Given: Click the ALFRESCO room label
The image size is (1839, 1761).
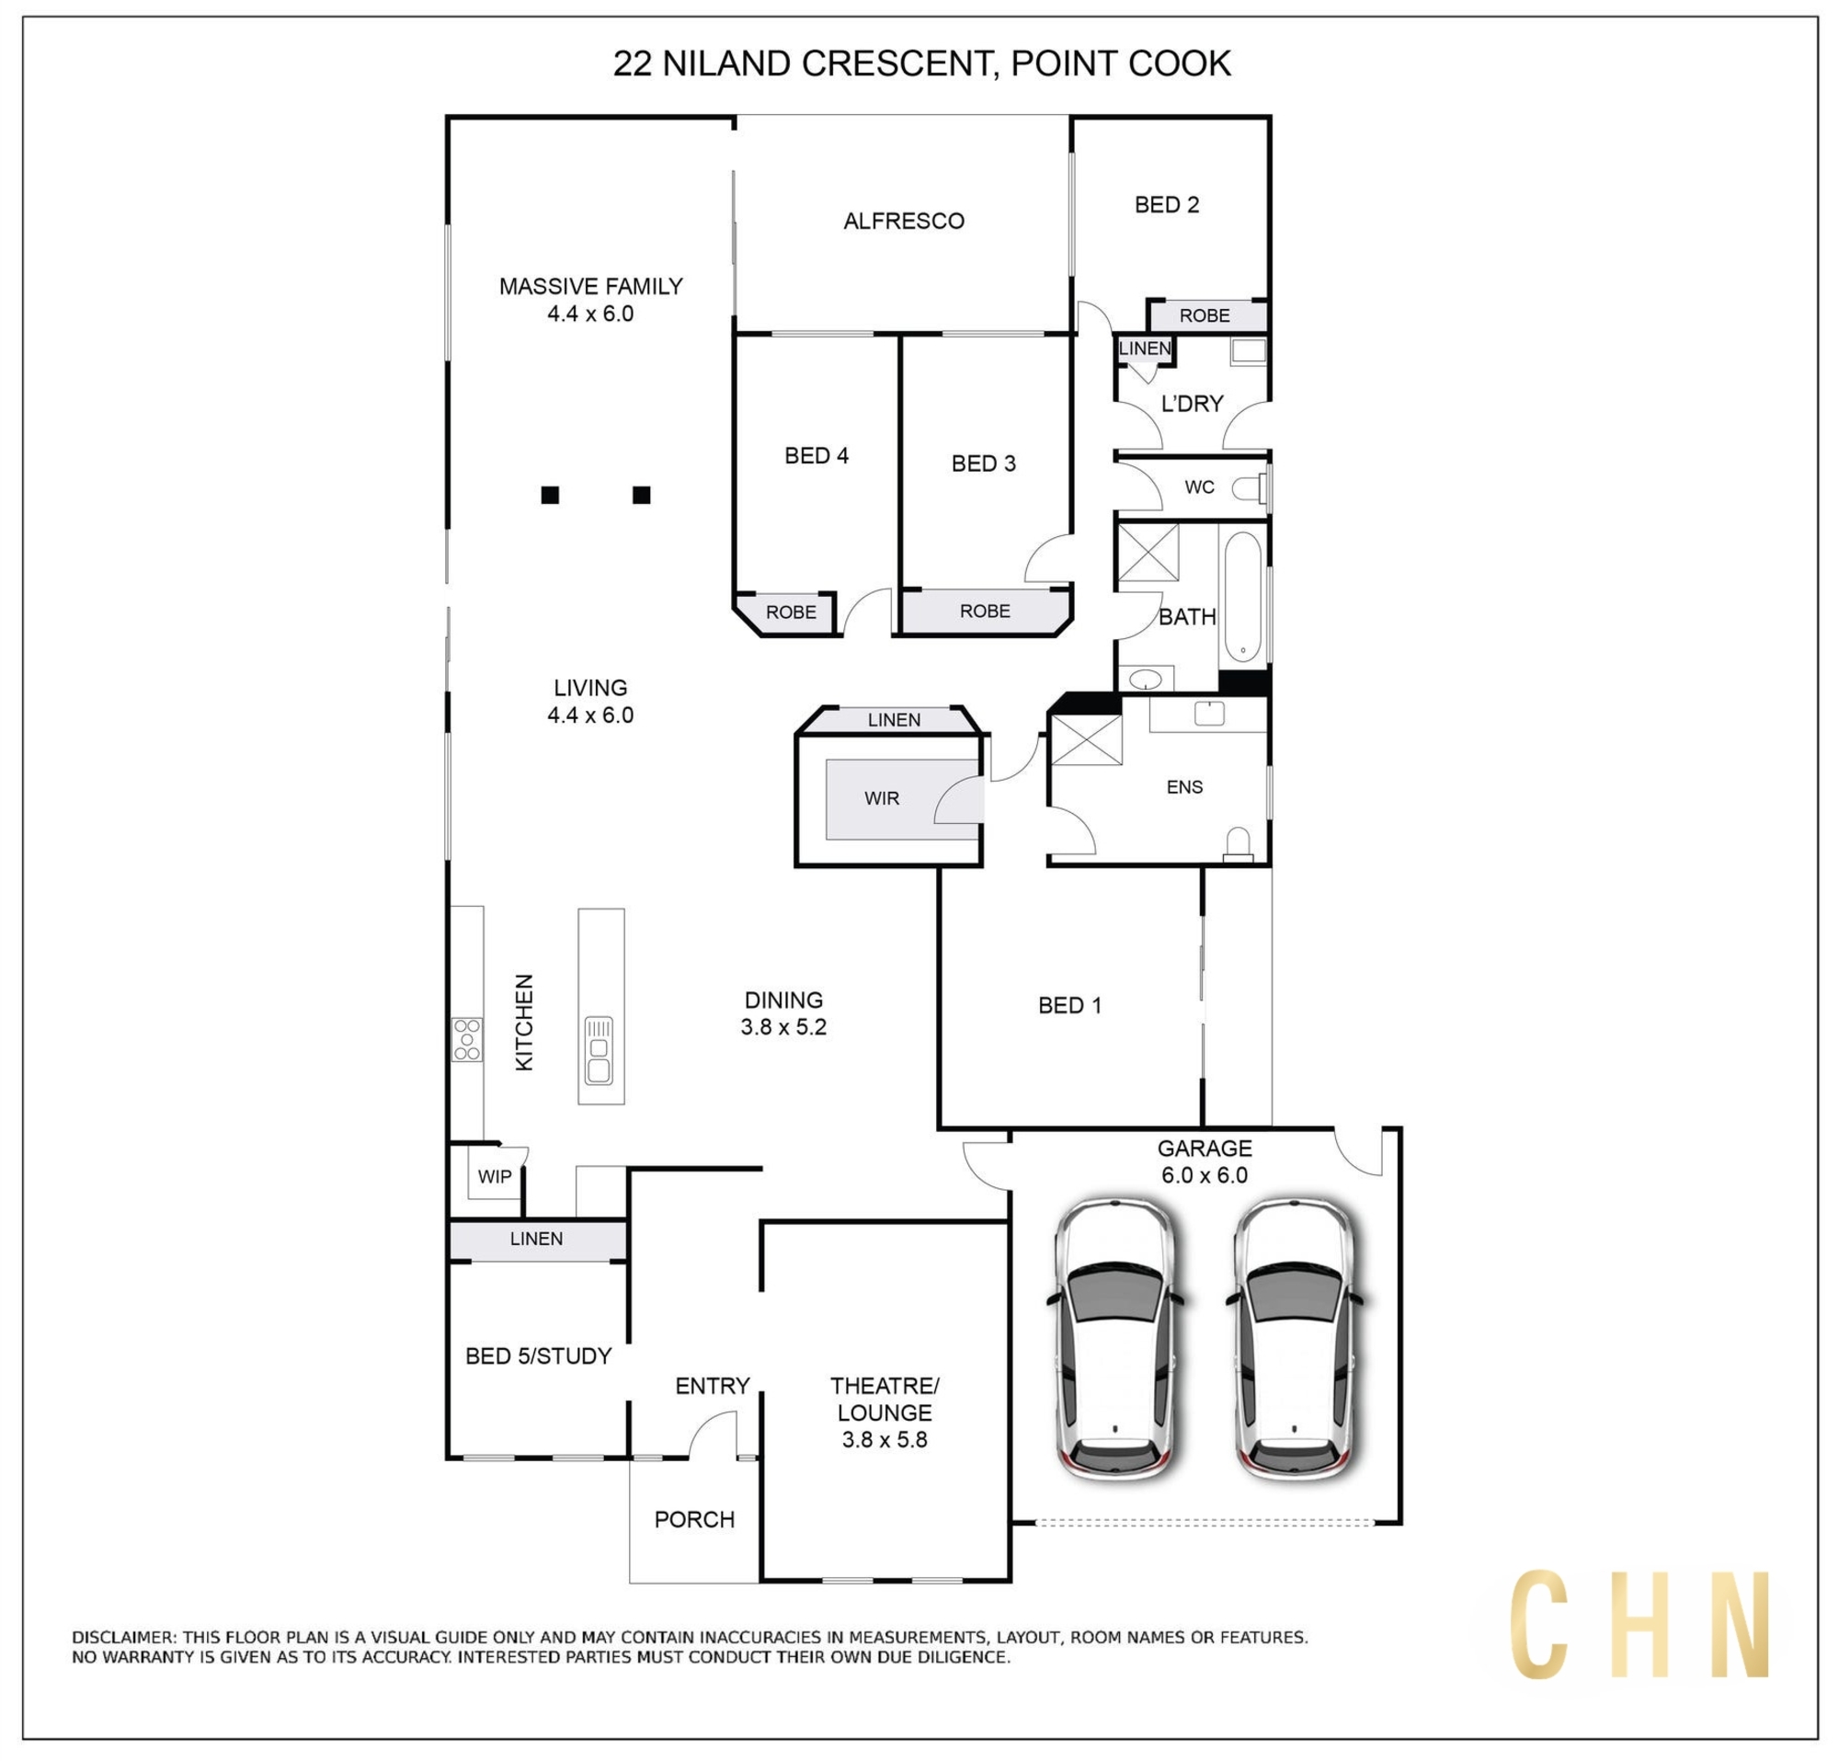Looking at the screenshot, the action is click(x=904, y=222).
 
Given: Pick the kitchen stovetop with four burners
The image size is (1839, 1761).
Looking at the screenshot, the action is click(x=467, y=1039).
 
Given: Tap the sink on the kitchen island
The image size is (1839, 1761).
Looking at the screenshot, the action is click(x=599, y=1050).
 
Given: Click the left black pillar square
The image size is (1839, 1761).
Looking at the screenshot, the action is click(x=550, y=495).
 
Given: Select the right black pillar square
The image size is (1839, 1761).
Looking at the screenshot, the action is click(x=641, y=495).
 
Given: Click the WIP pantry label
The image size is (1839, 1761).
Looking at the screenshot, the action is click(x=495, y=1176).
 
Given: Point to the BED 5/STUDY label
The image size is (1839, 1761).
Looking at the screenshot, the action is click(x=539, y=1355).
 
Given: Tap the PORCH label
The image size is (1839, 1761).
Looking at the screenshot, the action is click(x=694, y=1519).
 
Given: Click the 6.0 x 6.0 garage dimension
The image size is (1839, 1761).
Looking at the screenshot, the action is click(x=1205, y=1175).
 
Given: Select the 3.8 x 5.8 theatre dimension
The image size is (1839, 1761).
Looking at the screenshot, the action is click(x=884, y=1439).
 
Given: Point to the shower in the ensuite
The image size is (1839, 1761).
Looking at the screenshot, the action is click(x=1086, y=740).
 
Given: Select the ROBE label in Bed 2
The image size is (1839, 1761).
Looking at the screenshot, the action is click(x=1205, y=316).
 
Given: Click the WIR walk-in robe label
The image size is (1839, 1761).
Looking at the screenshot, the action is click(x=882, y=798).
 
